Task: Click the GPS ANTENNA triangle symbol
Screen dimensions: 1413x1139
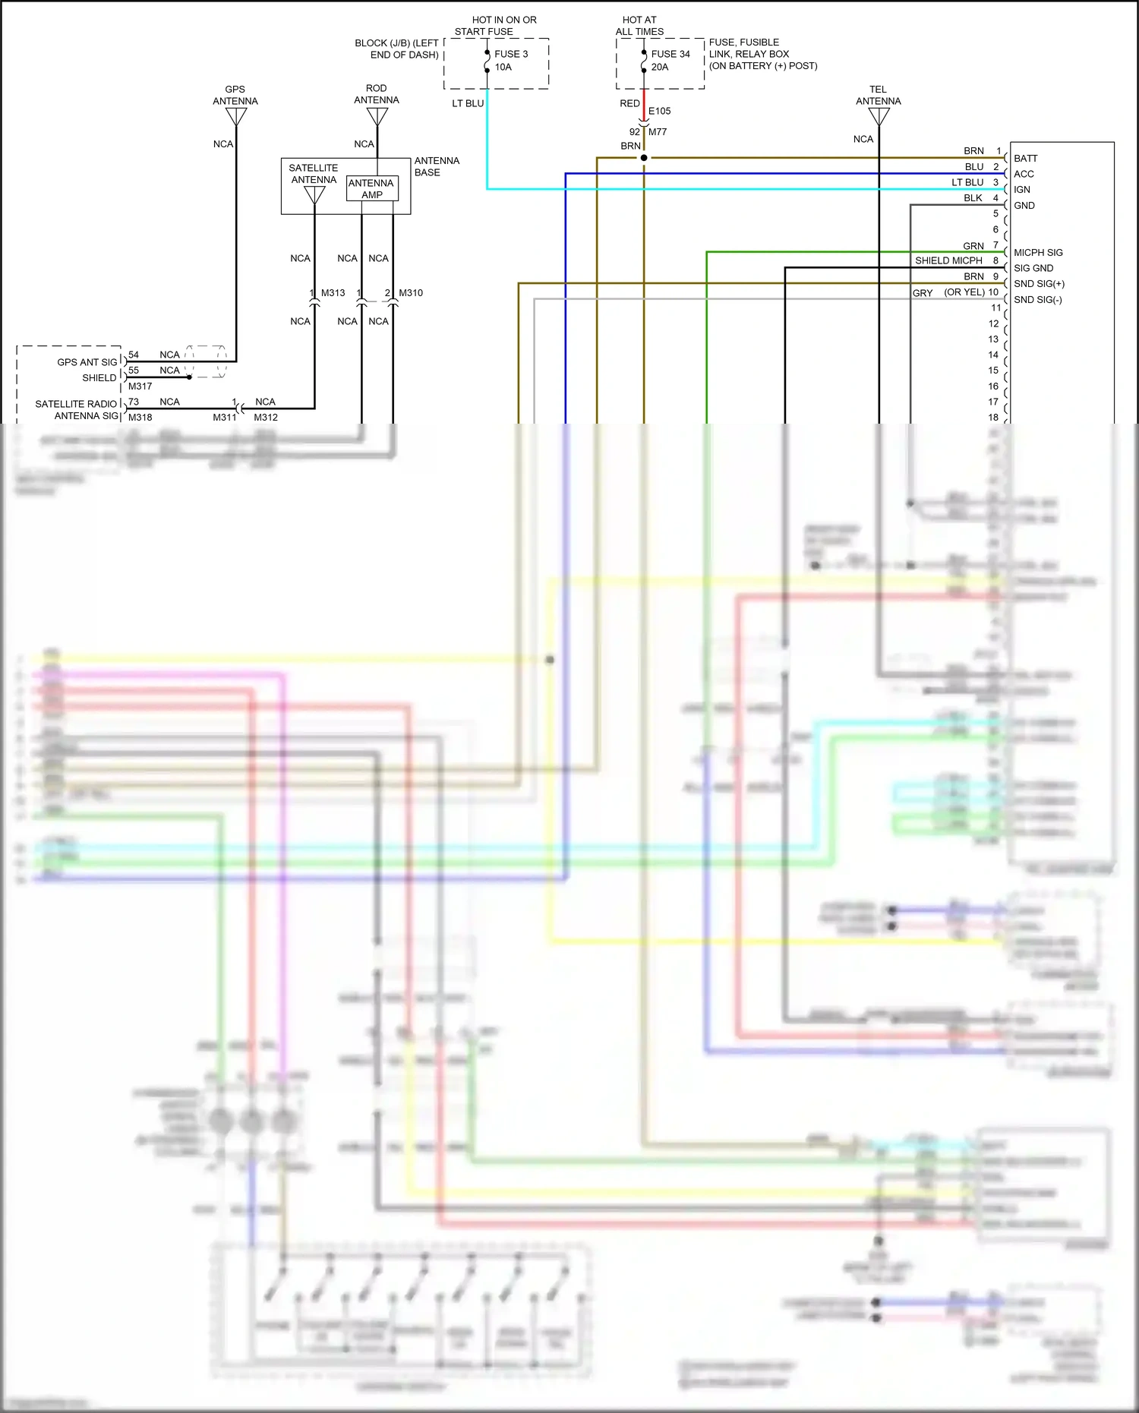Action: click(x=236, y=117)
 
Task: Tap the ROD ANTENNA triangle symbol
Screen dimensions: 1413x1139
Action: click(x=377, y=116)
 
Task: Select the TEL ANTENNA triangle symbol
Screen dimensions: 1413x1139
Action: click(x=879, y=116)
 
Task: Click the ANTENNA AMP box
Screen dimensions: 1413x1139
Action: click(x=372, y=188)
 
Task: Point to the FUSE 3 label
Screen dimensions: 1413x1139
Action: click(x=511, y=54)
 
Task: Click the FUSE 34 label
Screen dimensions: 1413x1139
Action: click(x=670, y=54)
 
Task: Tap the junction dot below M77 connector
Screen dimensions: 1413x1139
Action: click(x=644, y=158)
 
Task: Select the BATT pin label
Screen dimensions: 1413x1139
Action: click(x=1025, y=159)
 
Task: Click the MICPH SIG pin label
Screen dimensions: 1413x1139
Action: click(x=1038, y=253)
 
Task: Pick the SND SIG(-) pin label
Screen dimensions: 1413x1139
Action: click(x=1037, y=300)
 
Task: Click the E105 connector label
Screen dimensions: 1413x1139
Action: click(x=659, y=111)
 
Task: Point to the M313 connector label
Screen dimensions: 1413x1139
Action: click(x=333, y=292)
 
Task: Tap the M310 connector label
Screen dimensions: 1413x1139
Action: click(x=411, y=292)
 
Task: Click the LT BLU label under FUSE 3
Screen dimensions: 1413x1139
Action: click(x=468, y=103)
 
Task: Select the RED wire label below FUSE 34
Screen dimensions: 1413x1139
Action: click(x=629, y=103)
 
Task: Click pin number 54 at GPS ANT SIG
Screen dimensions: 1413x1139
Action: click(x=134, y=355)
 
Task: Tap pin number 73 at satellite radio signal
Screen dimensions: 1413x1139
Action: click(x=134, y=402)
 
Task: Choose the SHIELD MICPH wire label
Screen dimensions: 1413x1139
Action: click(x=948, y=260)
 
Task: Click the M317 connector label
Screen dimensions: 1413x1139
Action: click(x=140, y=386)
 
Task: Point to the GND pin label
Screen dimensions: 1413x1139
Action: click(x=1024, y=206)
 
